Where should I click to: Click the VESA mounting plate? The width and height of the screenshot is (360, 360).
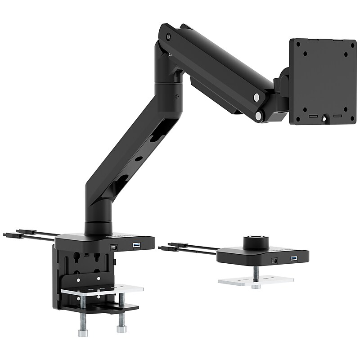(x=323, y=81)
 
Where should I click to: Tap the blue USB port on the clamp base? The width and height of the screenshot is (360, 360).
(x=136, y=246)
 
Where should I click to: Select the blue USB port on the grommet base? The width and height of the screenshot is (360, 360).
(x=294, y=259)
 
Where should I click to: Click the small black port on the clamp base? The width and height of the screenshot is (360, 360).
(x=113, y=247)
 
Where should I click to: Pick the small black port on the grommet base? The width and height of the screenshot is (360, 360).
(x=274, y=261)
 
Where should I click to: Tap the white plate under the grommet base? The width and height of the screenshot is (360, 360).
(x=256, y=280)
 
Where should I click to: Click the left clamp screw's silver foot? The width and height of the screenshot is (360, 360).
(x=83, y=333)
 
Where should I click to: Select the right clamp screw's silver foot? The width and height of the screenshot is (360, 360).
(x=121, y=328)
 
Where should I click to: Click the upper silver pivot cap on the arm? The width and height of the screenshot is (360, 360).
(x=256, y=97)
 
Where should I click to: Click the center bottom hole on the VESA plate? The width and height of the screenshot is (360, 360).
(x=324, y=118)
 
